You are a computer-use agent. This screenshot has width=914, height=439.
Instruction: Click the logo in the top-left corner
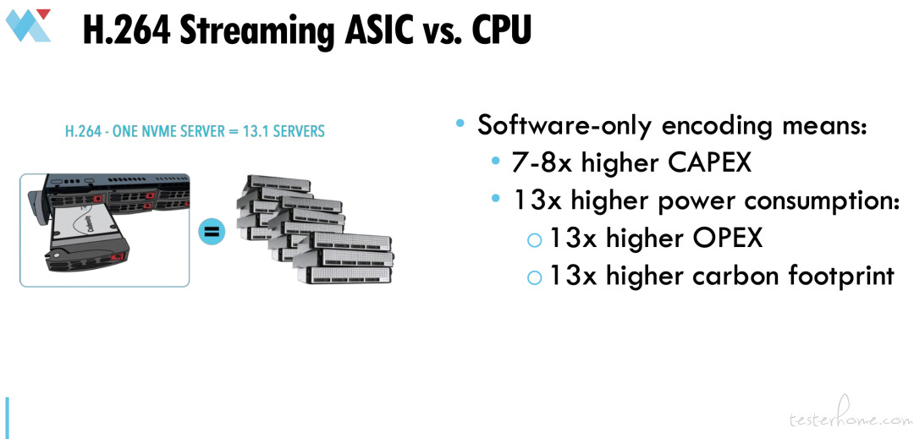pos(28,25)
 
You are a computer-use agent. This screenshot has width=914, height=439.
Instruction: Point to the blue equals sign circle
pos(212,232)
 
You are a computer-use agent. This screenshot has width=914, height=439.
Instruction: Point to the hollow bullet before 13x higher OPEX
pos(534,240)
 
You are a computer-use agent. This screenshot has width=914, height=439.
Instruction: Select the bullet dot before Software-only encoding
pos(461,124)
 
